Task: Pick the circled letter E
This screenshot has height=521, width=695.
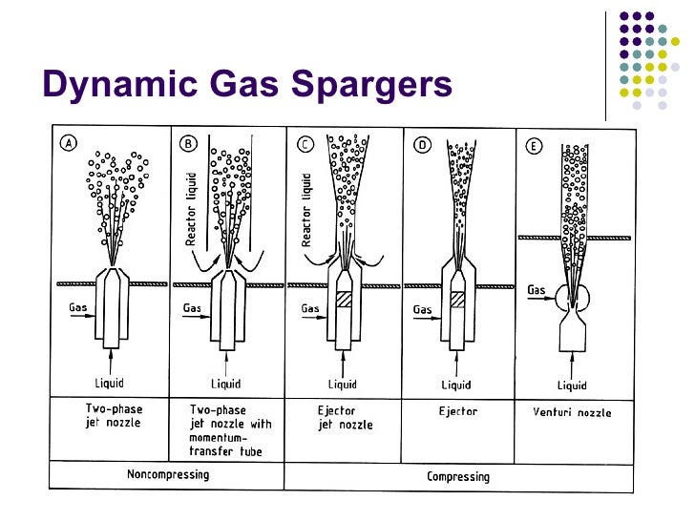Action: coord(535,144)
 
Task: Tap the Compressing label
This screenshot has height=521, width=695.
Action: coord(457,474)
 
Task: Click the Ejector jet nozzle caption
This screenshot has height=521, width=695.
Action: coord(346,418)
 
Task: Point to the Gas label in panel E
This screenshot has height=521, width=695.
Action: coord(537,288)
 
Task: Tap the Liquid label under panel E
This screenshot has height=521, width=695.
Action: coord(572,385)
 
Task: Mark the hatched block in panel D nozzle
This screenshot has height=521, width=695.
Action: coord(457,299)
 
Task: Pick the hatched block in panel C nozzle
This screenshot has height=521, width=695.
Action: coord(344,299)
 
